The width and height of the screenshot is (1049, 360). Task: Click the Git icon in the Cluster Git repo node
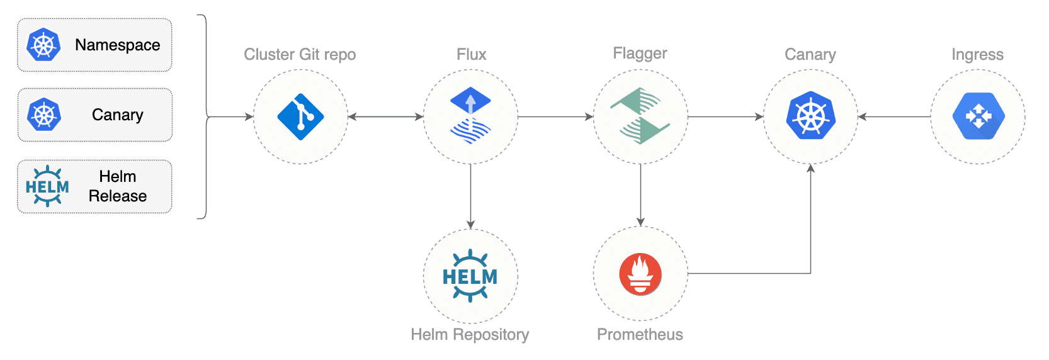click(300, 116)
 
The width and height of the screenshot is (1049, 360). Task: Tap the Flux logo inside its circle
click(470, 115)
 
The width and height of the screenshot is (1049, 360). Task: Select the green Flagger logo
click(640, 116)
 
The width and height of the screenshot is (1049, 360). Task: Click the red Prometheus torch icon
click(640, 274)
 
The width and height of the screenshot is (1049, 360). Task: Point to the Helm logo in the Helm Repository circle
click(470, 276)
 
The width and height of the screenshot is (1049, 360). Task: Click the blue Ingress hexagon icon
click(978, 116)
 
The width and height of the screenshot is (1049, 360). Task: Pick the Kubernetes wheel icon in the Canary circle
click(810, 116)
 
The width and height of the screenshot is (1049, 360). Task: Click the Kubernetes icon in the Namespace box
click(43, 45)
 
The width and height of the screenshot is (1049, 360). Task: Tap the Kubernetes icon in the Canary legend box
click(43, 114)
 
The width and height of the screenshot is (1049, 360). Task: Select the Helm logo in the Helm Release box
click(47, 186)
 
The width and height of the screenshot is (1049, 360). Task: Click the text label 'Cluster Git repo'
click(300, 54)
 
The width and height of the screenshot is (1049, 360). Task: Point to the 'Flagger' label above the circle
click(640, 53)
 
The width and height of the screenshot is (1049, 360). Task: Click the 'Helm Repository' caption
click(470, 334)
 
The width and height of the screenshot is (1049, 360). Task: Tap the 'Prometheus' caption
click(640, 334)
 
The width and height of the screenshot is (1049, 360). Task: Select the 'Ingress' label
click(977, 55)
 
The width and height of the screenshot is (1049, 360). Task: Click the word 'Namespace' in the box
click(118, 45)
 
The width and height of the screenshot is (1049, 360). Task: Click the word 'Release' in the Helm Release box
click(118, 196)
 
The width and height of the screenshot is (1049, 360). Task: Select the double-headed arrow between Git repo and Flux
click(385, 116)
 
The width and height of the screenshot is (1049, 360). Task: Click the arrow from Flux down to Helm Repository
click(470, 196)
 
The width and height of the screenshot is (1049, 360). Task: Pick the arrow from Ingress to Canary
click(894, 116)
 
